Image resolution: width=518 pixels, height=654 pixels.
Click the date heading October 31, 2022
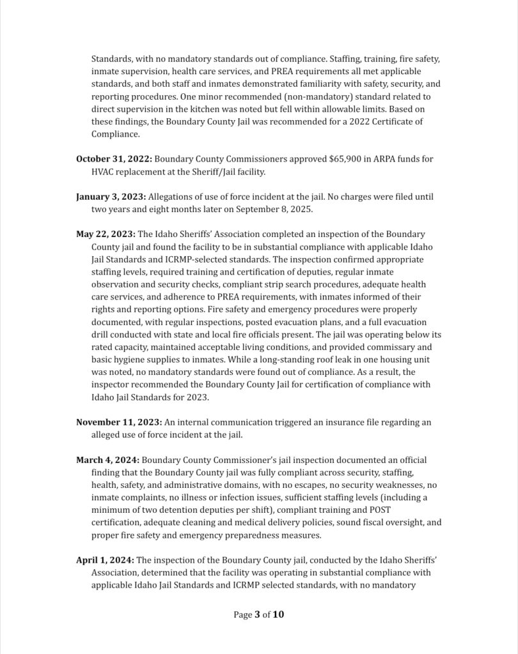(114, 158)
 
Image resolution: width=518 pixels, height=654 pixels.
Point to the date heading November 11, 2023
(119, 422)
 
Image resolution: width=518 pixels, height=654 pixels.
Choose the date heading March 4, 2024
(107, 460)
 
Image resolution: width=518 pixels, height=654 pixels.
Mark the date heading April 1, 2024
(105, 560)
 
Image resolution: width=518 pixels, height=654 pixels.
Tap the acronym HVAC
(104, 172)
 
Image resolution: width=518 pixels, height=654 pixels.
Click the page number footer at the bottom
(259, 615)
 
